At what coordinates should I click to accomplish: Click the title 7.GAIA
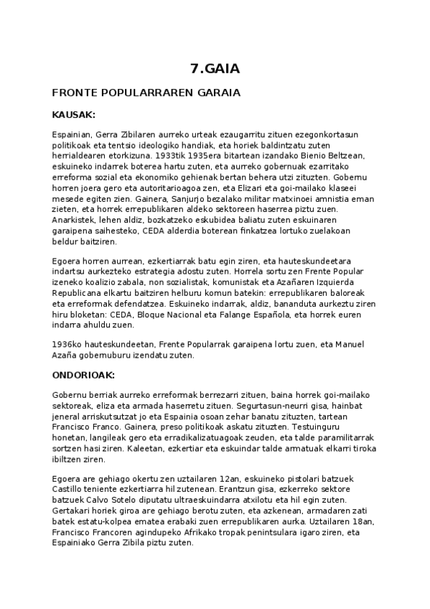point(215,69)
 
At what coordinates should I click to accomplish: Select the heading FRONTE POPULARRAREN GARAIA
point(146,93)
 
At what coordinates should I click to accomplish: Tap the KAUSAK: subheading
point(74,114)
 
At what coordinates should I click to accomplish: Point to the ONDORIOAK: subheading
point(84,375)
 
